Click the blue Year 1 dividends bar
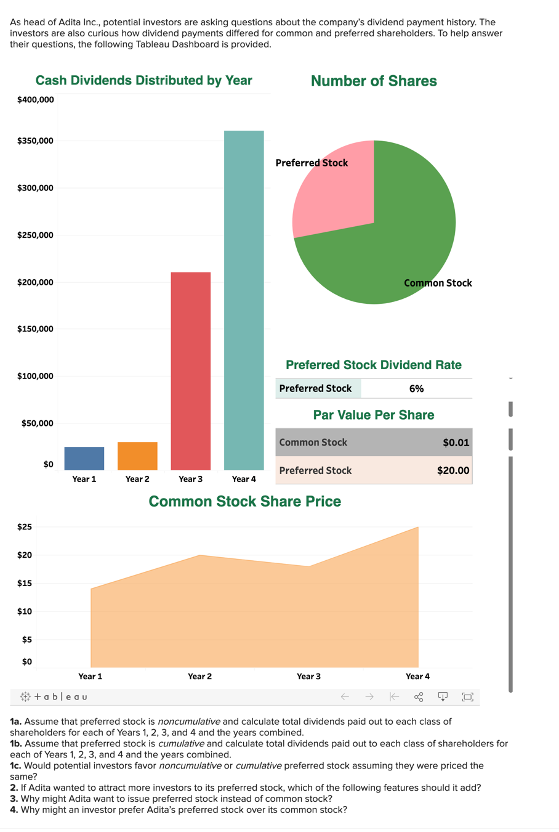pos(84,459)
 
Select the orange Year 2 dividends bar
pos(137,456)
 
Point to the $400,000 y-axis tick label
pos(35,100)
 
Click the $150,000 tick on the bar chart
pos(35,329)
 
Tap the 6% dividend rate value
pos(416,389)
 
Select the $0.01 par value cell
pos(456,443)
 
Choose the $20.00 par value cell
pos(453,471)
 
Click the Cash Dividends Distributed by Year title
pos(143,81)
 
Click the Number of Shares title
pos(374,81)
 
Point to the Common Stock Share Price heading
pos(244,502)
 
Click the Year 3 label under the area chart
pos(308,677)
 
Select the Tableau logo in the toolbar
pos(54,697)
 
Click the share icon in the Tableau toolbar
pos(419,697)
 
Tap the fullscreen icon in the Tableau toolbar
pos(467,697)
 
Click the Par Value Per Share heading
pos(374,415)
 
